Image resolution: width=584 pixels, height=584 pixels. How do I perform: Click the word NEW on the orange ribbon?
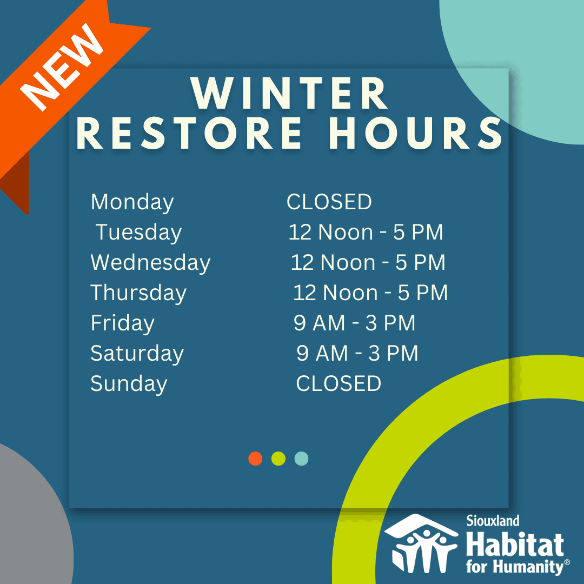pos(62,68)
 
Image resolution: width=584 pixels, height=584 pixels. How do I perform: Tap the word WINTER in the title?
pos(289,94)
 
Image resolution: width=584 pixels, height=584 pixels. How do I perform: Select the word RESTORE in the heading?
pos(190,133)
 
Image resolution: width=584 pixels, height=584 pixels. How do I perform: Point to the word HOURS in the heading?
pos(416,133)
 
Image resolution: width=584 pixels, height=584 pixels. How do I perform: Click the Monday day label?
pos(132,203)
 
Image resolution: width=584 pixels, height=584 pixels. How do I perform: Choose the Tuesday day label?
pos(138,233)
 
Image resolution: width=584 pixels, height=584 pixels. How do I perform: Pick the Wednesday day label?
pos(150,263)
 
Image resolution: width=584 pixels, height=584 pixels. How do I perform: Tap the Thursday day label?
pos(138,294)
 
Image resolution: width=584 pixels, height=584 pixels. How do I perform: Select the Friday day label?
pos(123,324)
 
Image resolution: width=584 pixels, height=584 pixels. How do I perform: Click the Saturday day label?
pos(137,354)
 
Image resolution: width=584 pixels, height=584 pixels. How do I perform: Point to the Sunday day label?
pos(129,384)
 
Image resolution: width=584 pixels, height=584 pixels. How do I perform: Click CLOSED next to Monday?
pos(329,202)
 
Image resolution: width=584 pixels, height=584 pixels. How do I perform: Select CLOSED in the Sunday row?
pos(339,383)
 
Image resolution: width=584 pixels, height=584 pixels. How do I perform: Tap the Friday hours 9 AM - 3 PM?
pos(354,323)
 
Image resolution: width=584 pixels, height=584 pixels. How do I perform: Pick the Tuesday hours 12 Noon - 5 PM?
pos(366,232)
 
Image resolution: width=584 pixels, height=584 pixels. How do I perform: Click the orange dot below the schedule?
pos(255,459)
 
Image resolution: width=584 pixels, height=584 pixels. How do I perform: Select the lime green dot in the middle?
pos(278,459)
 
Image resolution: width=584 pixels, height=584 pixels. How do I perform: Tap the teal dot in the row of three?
pos(301,459)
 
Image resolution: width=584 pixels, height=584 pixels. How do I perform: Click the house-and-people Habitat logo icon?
pos(421,544)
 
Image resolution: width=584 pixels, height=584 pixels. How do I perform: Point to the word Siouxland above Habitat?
pos(493,521)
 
